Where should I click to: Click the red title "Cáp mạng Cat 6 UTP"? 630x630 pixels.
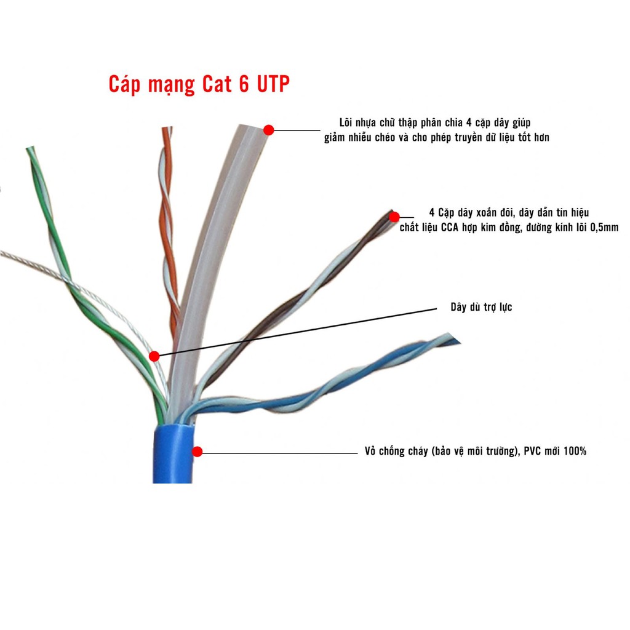tap(199, 84)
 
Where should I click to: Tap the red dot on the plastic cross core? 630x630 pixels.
tap(268, 130)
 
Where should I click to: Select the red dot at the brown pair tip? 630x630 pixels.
tap(394, 217)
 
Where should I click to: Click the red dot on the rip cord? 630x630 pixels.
tap(154, 356)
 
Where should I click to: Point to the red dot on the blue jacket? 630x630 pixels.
tap(197, 452)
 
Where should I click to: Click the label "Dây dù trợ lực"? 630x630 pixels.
tap(480, 307)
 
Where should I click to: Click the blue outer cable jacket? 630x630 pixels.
tap(172, 455)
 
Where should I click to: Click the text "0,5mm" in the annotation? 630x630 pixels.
tap(603, 228)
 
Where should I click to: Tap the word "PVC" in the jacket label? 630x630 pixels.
tap(530, 452)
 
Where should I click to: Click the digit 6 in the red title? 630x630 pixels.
tap(244, 84)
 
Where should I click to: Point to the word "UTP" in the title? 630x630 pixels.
tap(271, 84)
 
